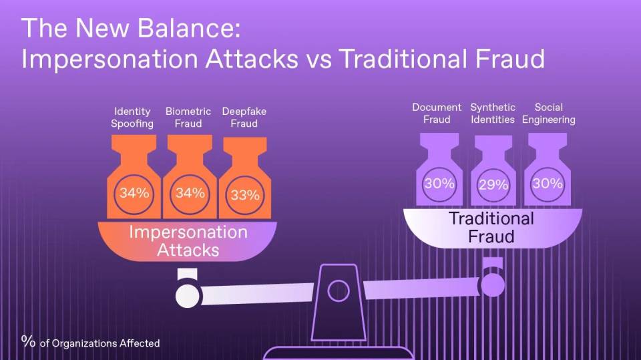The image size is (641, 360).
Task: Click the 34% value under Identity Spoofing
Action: coord(134,194)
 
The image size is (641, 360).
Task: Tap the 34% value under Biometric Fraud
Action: coord(190,194)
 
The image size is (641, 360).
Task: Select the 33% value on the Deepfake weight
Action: coord(245,195)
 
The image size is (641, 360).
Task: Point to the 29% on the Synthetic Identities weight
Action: coord(493,185)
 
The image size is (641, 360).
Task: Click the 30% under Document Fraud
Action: coord(439,183)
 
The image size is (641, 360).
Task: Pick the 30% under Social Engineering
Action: coord(548,183)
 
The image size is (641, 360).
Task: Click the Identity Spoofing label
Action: coord(133,118)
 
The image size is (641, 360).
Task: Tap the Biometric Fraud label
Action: coord(188,118)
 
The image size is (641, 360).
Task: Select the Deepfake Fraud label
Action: coord(244,118)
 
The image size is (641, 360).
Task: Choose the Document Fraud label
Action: coord(437,114)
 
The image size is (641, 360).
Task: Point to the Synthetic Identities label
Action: coord(493,114)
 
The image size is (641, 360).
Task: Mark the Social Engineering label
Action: coord(549,114)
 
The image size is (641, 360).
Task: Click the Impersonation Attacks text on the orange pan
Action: coord(188,241)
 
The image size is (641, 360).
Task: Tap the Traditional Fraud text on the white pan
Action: coord(491,227)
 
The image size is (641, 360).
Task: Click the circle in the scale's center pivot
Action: coord(339,291)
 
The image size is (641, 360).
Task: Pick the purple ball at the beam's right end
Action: coord(493,285)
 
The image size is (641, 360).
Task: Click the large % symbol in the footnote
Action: coord(28,341)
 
